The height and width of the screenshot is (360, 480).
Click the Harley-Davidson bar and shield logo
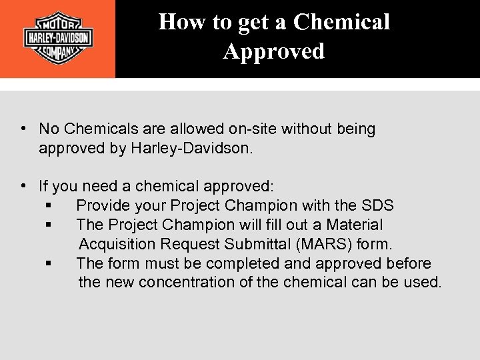(57, 38)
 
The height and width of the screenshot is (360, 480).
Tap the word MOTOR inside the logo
(58, 21)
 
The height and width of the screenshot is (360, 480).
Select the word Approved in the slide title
(274, 51)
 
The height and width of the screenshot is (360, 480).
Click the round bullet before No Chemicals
(23, 129)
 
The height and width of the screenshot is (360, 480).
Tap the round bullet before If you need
(23, 185)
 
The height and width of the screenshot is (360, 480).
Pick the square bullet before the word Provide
(49, 206)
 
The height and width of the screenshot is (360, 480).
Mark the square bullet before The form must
(49, 263)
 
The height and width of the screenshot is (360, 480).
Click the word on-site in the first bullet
(253, 129)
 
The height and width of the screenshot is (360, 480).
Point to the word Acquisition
(122, 244)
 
